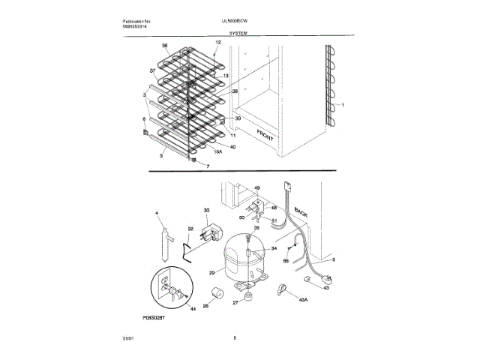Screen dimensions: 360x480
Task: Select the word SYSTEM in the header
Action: click(x=240, y=34)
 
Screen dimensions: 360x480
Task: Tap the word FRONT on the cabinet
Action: click(x=266, y=136)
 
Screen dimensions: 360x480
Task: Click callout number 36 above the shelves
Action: click(x=164, y=46)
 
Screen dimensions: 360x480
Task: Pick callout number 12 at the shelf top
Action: click(x=217, y=43)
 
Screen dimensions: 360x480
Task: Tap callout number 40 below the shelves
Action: click(x=232, y=146)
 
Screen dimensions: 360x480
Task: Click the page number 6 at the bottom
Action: click(x=235, y=338)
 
